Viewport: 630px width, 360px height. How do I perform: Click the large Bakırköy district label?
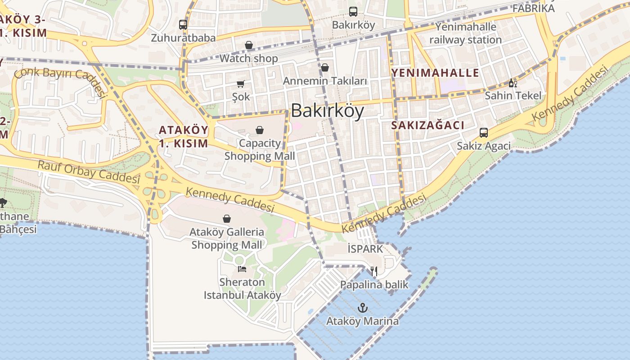tap(327, 111)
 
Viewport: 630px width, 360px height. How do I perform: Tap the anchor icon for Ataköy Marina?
tap(362, 308)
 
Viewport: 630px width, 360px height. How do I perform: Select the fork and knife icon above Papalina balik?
tap(374, 271)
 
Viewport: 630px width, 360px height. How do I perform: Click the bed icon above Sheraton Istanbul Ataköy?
tap(242, 269)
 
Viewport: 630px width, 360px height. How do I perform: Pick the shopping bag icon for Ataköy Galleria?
tap(227, 219)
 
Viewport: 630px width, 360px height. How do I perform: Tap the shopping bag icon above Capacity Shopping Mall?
tap(260, 130)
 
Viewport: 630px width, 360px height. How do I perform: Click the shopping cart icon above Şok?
tap(241, 84)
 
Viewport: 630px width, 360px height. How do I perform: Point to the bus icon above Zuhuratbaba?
tap(183, 25)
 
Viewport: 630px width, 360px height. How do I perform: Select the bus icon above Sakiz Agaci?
tap(484, 133)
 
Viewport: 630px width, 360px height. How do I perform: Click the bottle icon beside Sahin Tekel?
tap(513, 83)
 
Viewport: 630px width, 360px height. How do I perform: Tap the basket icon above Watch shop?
tap(249, 45)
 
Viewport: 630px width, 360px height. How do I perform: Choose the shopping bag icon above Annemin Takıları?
tap(325, 67)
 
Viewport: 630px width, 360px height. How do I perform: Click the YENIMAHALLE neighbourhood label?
tap(435, 73)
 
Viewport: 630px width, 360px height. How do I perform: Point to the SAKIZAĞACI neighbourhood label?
tap(427, 126)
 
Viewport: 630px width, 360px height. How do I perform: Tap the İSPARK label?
tap(365, 249)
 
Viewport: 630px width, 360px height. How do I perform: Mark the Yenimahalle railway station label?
tap(465, 33)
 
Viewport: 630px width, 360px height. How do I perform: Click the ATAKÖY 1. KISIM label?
tap(184, 137)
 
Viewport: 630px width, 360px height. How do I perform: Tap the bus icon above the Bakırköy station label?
tap(353, 12)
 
